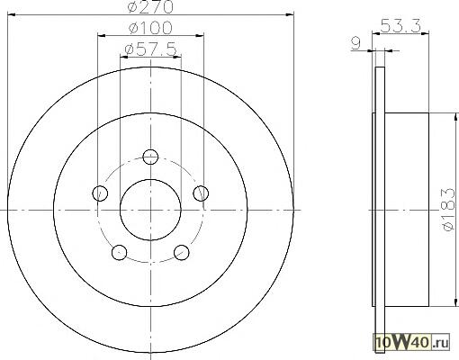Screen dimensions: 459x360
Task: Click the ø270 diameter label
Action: (x=151, y=6)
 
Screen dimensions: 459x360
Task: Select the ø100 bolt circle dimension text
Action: (x=150, y=28)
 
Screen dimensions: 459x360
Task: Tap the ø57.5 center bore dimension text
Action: (x=150, y=49)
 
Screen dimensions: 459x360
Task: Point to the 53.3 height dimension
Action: (x=400, y=25)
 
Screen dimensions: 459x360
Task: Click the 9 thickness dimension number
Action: (x=355, y=43)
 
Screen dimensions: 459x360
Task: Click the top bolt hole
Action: (x=150, y=157)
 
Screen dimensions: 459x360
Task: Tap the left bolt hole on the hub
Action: (x=100, y=193)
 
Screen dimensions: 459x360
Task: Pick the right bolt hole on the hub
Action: (x=201, y=193)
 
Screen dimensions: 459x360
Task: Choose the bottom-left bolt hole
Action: (x=119, y=252)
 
